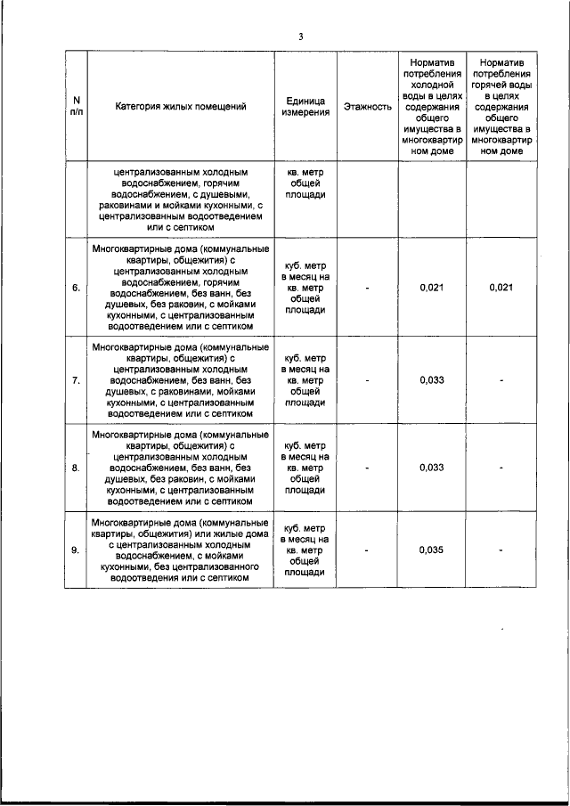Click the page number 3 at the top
(x=300, y=37)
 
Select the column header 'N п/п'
(x=76, y=107)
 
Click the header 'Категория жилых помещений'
(x=181, y=107)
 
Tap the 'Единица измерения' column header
(x=306, y=107)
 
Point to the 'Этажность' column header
(x=367, y=107)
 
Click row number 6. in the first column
(x=76, y=287)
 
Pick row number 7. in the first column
(x=76, y=380)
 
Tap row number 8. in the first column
(x=76, y=467)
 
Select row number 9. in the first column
(x=76, y=550)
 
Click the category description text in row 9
(x=181, y=550)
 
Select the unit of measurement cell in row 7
(x=306, y=380)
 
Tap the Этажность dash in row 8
(x=367, y=467)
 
